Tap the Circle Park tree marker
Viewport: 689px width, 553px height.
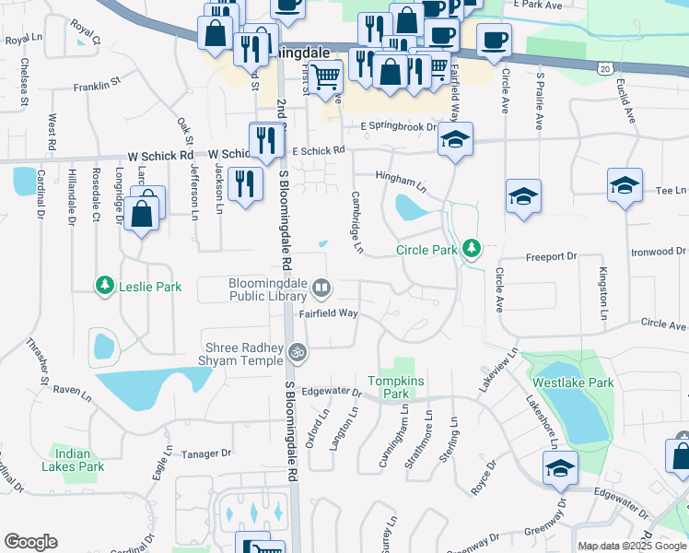pos(472,248)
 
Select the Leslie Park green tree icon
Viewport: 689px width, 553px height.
pos(105,287)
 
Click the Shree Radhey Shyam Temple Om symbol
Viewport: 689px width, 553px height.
pos(298,351)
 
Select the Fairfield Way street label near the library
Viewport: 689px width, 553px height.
pos(328,313)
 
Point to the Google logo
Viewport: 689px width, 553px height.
pos(30,542)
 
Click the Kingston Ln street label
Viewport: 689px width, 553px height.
pos(603,293)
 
